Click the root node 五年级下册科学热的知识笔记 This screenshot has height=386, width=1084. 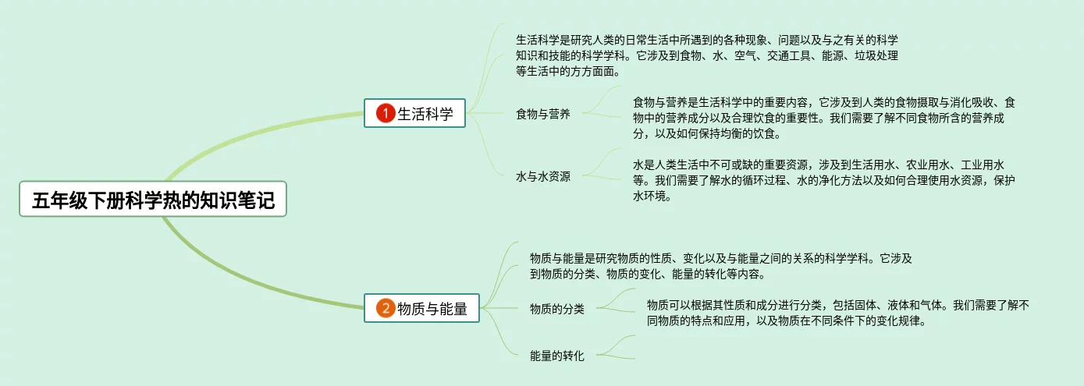[153, 199]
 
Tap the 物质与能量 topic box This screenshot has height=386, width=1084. [422, 309]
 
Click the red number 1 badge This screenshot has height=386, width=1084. [385, 114]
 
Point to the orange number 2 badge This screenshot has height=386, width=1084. [385, 309]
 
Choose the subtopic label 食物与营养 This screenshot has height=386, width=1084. [542, 115]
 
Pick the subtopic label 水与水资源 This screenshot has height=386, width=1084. [542, 177]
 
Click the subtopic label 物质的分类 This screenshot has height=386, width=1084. [556, 309]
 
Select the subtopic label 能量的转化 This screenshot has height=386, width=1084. [556, 356]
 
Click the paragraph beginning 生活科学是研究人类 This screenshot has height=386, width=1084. [706, 55]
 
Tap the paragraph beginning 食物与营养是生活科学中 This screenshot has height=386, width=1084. [823, 118]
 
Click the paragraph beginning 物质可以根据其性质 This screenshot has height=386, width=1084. [837, 313]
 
